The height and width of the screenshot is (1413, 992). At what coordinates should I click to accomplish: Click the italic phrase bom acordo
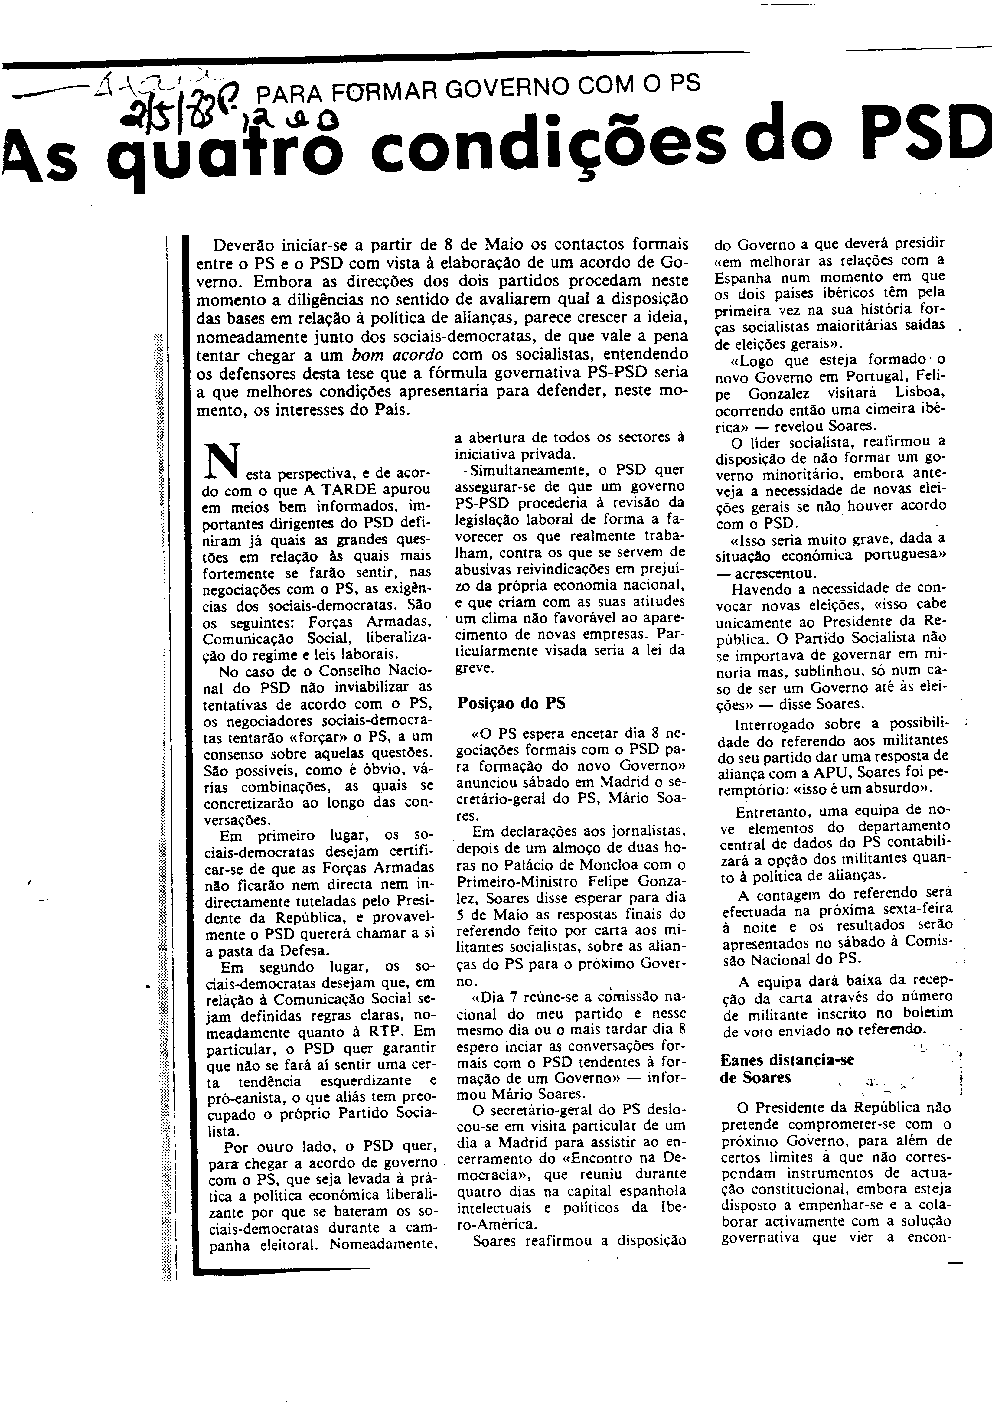397,355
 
